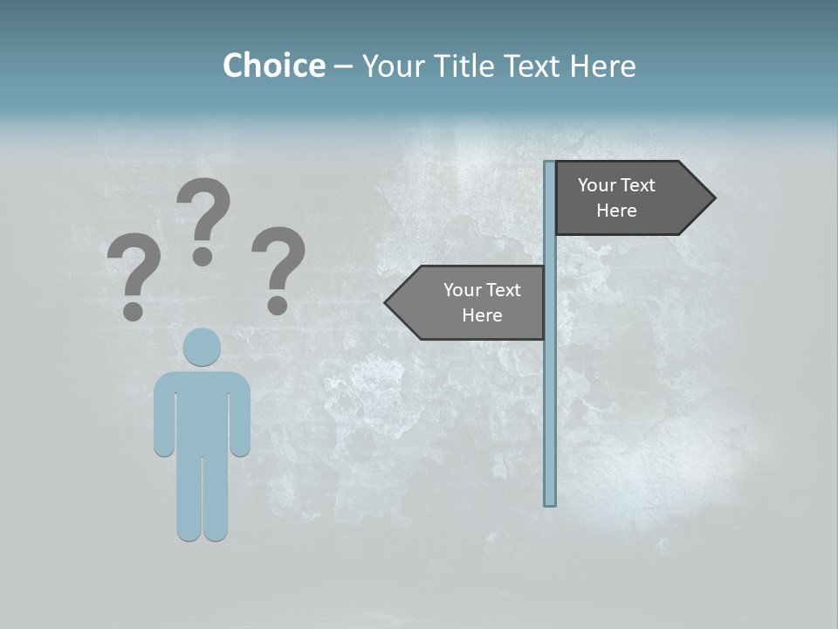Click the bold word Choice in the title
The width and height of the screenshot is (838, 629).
tap(273, 66)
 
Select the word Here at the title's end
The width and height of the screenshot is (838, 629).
tap(602, 66)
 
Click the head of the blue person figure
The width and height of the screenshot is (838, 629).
tap(202, 347)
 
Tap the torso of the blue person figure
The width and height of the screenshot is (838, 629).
tap(202, 411)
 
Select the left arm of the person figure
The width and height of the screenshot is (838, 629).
tap(163, 415)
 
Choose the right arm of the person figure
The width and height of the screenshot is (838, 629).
tap(240, 415)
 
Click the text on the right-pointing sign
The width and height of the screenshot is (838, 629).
tap(616, 197)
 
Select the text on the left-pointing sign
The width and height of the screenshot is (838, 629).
tap(481, 302)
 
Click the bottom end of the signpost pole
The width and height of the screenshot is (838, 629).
tap(550, 501)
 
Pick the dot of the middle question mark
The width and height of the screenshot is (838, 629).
tap(203, 256)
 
